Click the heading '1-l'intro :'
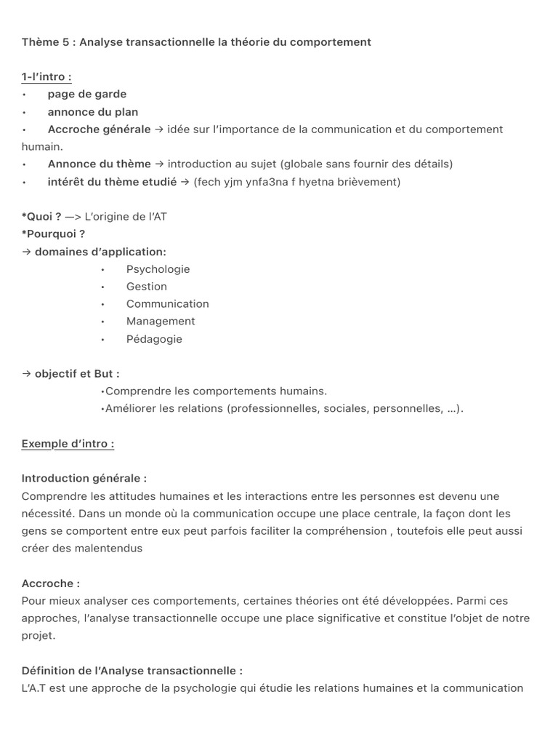pos(46,77)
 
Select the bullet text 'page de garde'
pos(86,95)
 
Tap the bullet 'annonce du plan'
pos(92,112)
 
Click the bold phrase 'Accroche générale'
pos(99,130)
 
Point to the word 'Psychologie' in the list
pos(158,269)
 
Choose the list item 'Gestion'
pos(146,287)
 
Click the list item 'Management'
pos(161,322)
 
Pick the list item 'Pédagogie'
pos(154,339)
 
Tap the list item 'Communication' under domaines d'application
pos(167,304)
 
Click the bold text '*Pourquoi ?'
pos(53,234)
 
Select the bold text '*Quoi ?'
pos(41,217)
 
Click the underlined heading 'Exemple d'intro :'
pos(68,444)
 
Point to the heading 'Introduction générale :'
pos(84,479)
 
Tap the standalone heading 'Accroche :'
pos(51,583)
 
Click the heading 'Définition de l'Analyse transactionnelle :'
pos(132,671)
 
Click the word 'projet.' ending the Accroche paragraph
pos(39,636)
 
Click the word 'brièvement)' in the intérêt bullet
pos(369,182)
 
